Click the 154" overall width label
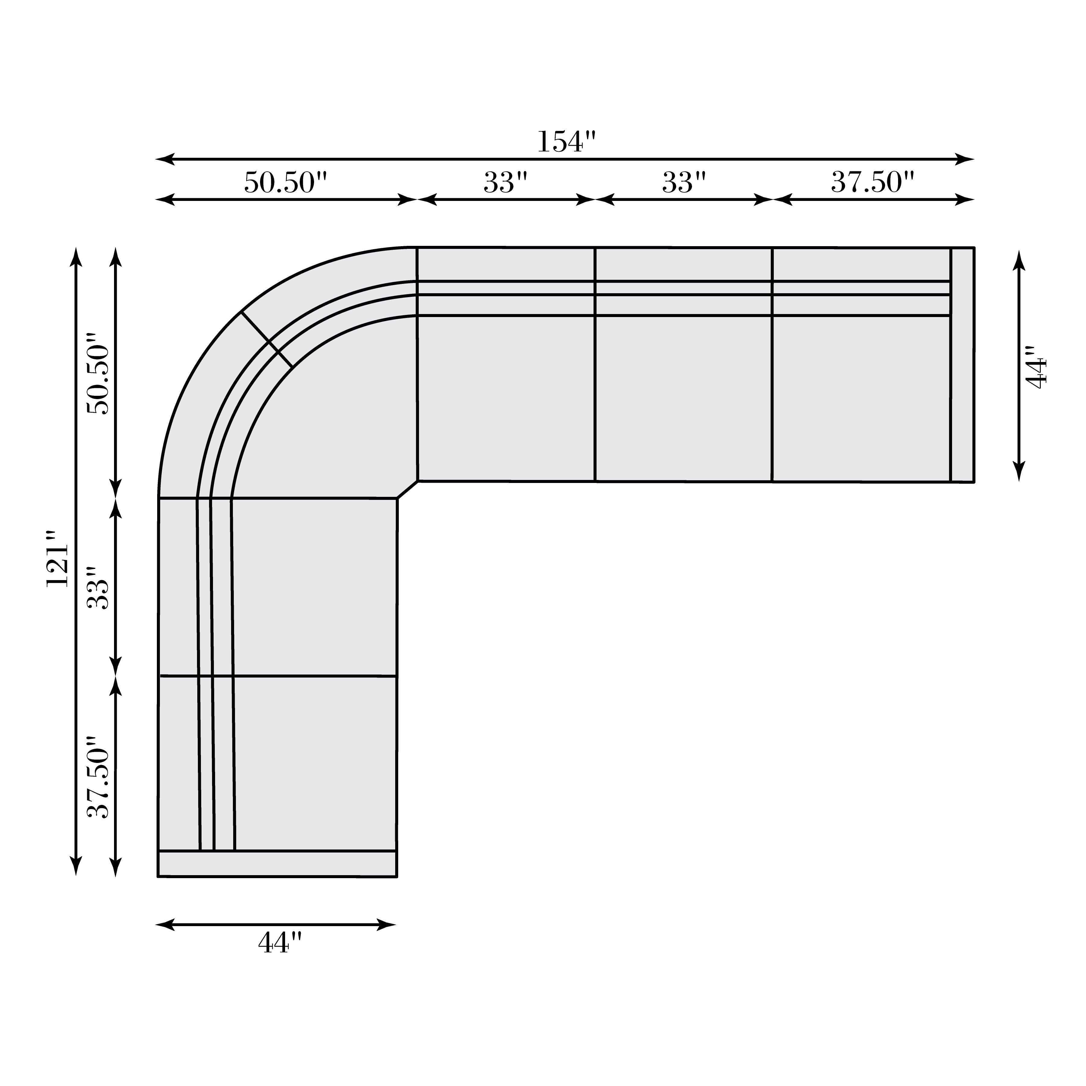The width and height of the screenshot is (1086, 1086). (x=566, y=142)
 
